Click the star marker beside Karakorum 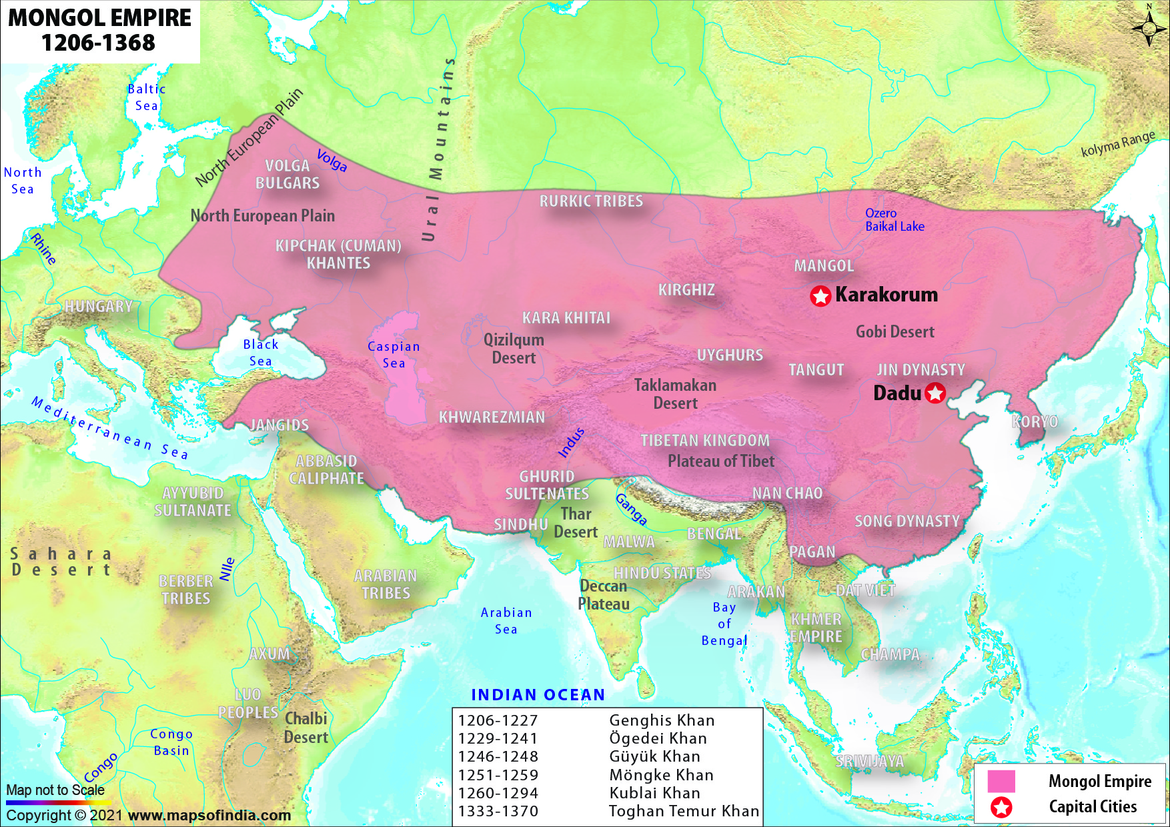pyautogui.click(x=820, y=295)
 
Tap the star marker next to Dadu pyautogui.click(x=935, y=393)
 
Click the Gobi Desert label pyautogui.click(x=895, y=331)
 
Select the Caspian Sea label pyautogui.click(x=394, y=354)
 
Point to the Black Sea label pyautogui.click(x=261, y=352)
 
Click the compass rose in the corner pyautogui.click(x=1149, y=27)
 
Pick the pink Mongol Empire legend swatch pyautogui.click(x=1001, y=781)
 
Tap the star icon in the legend pyautogui.click(x=1001, y=807)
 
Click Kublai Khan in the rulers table pyautogui.click(x=654, y=793)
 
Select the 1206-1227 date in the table pyautogui.click(x=498, y=720)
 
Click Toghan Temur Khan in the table pyautogui.click(x=684, y=811)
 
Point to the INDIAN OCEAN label pyautogui.click(x=538, y=695)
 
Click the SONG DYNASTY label pyautogui.click(x=907, y=521)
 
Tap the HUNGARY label pyautogui.click(x=99, y=306)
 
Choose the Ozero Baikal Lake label pyautogui.click(x=895, y=219)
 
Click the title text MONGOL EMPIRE pyautogui.click(x=99, y=18)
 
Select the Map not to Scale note pyautogui.click(x=55, y=790)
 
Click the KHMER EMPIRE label pyautogui.click(x=816, y=628)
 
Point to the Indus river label pyautogui.click(x=571, y=443)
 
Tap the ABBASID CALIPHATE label pyautogui.click(x=326, y=470)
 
